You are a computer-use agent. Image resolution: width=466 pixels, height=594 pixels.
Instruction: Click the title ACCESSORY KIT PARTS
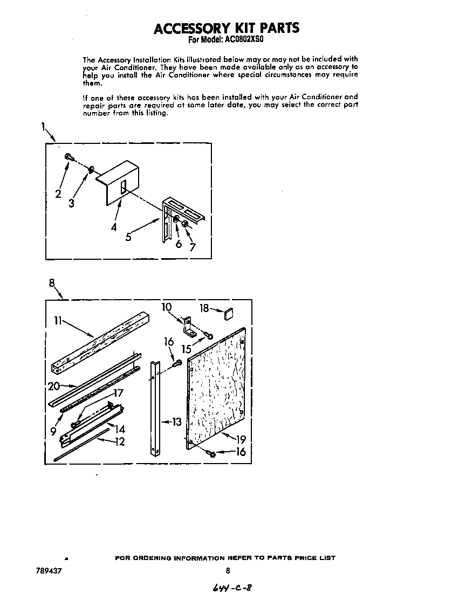point(227,28)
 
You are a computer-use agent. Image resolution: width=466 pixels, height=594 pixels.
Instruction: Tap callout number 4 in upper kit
point(114,227)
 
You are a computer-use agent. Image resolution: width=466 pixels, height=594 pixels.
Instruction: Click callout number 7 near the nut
point(191,247)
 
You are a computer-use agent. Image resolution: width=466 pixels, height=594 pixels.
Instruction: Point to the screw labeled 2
point(70,156)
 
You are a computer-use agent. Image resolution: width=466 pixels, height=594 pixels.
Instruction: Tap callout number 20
point(53,386)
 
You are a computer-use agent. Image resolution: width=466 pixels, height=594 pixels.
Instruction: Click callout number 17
point(118,393)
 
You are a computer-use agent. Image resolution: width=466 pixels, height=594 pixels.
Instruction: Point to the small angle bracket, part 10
point(189,325)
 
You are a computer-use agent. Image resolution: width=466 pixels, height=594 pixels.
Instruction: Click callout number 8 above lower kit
point(52,282)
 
